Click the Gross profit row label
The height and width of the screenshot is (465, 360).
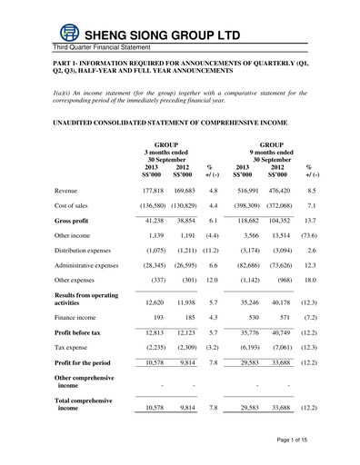point(75,221)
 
